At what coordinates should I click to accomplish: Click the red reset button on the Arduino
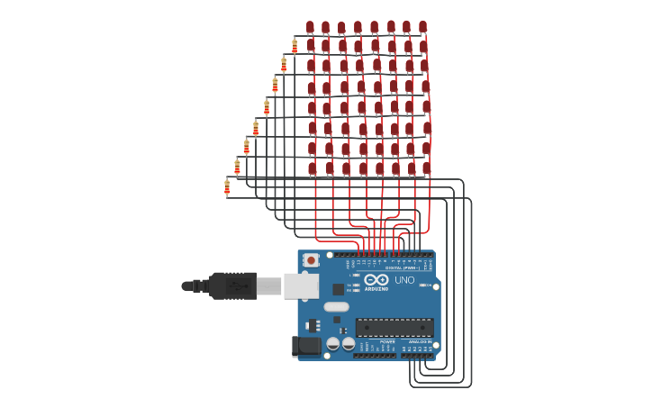coord(311,259)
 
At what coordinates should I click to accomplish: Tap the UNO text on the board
coord(404,280)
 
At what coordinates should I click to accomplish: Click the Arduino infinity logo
coord(376,279)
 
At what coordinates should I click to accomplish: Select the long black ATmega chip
coord(395,327)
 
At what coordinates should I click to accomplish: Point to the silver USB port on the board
coord(301,286)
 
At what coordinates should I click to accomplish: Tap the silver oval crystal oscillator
coord(337,306)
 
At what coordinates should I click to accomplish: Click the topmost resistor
coord(295,45)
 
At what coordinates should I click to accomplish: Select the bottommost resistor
coord(227,186)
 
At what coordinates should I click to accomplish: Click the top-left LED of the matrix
coord(310,28)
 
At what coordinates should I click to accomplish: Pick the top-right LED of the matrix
coord(422,27)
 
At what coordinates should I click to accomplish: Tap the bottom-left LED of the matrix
coord(313,168)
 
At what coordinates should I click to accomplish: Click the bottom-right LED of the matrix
coord(427,168)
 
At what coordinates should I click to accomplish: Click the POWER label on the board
coord(387,341)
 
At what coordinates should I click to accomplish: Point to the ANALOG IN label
coord(419,341)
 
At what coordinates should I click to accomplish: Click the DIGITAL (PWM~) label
coord(402,267)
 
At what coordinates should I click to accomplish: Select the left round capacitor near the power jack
coord(332,344)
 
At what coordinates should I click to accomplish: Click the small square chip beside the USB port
coord(338,289)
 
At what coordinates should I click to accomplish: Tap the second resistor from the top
coord(284,64)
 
